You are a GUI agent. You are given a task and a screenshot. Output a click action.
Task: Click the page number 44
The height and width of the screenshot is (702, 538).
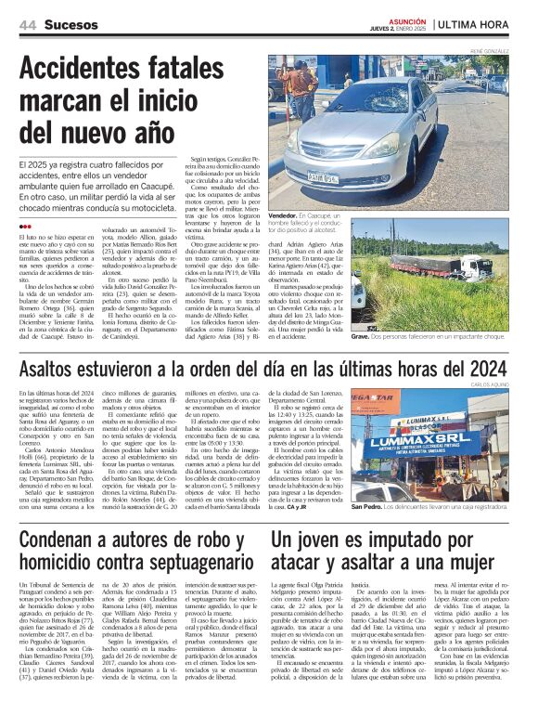coord(29,23)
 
